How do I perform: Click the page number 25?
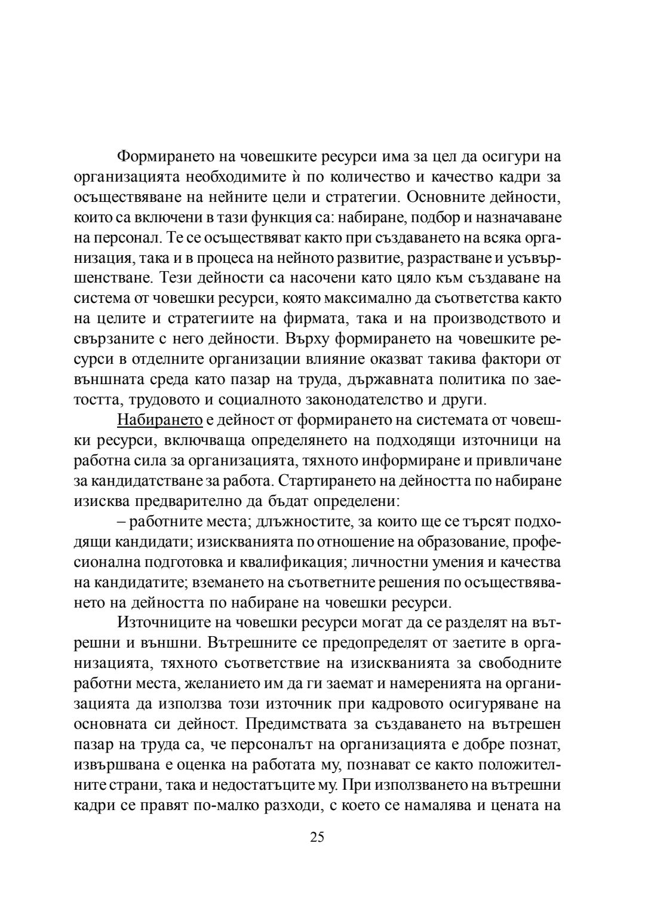(x=317, y=836)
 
